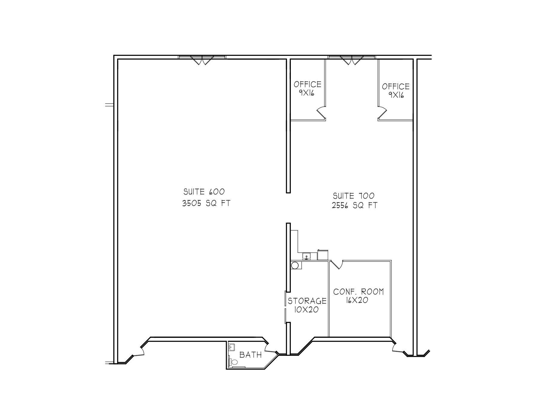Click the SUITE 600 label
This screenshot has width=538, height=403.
point(204,191)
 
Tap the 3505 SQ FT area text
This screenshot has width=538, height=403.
point(206,203)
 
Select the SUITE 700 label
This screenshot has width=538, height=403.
point(354,196)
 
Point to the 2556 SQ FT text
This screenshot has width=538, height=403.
point(354,205)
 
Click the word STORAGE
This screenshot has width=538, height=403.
point(307,301)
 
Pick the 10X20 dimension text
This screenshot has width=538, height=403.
point(306,310)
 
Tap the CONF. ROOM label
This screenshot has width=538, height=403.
point(358,292)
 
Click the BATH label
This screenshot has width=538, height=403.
point(250,355)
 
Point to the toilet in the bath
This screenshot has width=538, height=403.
point(233,362)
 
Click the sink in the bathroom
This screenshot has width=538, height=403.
point(231,347)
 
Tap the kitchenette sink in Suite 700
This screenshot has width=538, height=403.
point(307,256)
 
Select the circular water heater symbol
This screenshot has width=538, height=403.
point(295,265)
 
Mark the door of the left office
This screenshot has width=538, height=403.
point(321,112)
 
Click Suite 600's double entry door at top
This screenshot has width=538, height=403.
point(202,60)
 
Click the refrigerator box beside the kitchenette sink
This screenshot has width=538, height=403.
point(323,254)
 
